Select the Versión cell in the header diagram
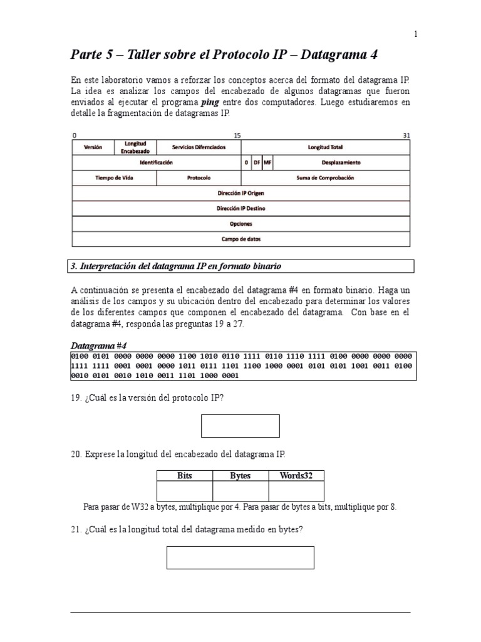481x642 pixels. tap(93, 147)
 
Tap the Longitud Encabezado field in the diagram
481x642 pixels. tap(135, 147)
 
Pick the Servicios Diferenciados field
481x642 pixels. tap(199, 147)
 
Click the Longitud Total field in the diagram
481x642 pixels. tap(325, 147)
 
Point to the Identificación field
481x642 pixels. tap(156, 162)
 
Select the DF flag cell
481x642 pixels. tap(257, 162)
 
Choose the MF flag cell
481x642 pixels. tap(267, 162)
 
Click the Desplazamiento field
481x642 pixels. tap(341, 162)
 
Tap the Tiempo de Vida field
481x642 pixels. tap(114, 178)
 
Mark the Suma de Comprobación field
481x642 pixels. tap(325, 178)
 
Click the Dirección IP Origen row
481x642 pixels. tap(241, 193)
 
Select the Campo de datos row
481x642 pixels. tap(241, 239)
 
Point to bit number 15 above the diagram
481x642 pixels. tap(237, 135)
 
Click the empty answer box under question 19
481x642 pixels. tap(240, 426)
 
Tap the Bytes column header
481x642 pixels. tap(240, 476)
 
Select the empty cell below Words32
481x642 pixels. tap(296, 491)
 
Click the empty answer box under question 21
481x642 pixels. tap(240, 557)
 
